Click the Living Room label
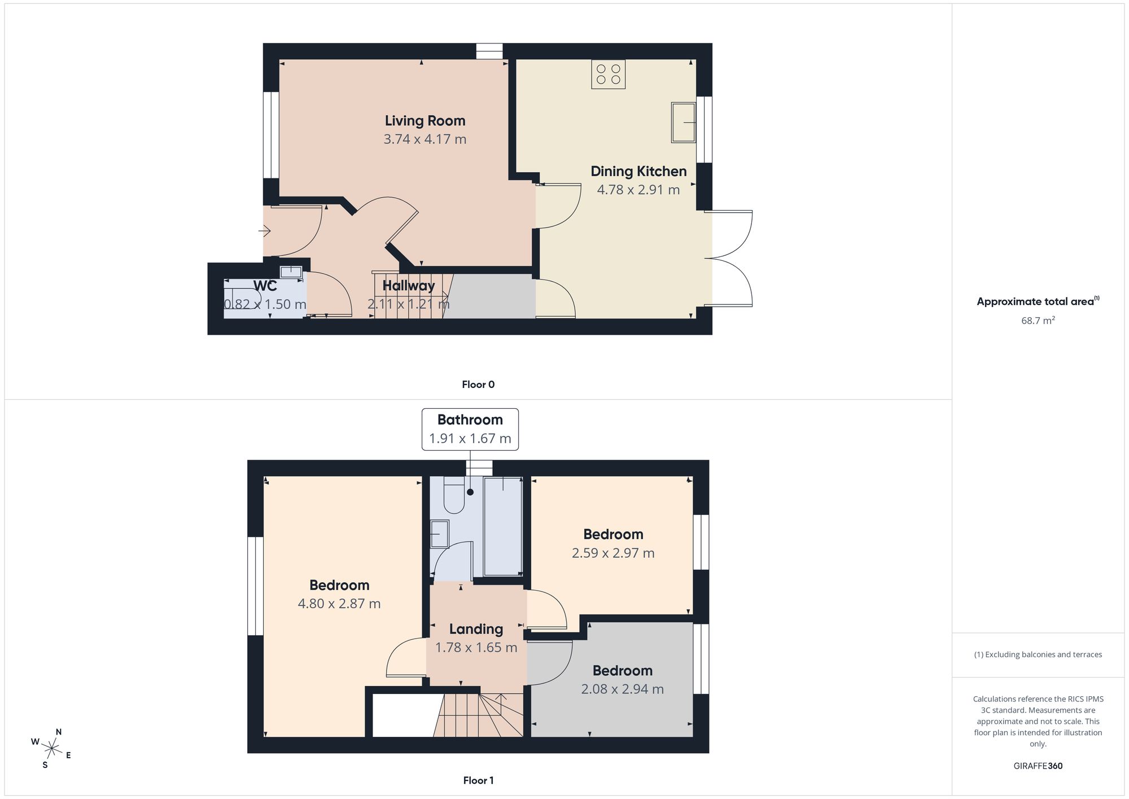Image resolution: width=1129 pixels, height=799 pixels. pos(425,120)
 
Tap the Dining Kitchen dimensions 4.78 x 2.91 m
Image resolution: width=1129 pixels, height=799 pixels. pos(638,190)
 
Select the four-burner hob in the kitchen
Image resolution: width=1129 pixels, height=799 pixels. pos(608,74)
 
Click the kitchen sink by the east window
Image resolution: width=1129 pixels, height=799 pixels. pos(683,123)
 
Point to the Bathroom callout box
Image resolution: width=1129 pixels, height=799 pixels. pos(470,429)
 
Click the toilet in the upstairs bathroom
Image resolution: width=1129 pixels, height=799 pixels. pos(454,495)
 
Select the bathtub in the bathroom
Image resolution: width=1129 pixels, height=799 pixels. pos(503,526)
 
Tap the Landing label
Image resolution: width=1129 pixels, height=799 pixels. pos(476,628)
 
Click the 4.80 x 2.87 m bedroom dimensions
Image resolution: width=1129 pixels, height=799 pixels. pos(339,604)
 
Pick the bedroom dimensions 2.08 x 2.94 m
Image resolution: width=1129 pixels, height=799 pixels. pos(623,689)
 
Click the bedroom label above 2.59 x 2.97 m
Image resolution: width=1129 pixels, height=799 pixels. pos(613,534)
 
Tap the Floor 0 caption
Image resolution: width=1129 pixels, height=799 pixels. pos(478,385)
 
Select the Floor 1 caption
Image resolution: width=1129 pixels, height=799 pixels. pos(478,780)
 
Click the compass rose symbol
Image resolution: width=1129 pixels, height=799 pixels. pos(51,749)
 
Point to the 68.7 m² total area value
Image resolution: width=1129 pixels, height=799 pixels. pos(1038,320)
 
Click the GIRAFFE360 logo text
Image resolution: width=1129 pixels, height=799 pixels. pos(1038,766)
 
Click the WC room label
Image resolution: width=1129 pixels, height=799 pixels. pos(265,285)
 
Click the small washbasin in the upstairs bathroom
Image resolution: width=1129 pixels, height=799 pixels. pos(439,534)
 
